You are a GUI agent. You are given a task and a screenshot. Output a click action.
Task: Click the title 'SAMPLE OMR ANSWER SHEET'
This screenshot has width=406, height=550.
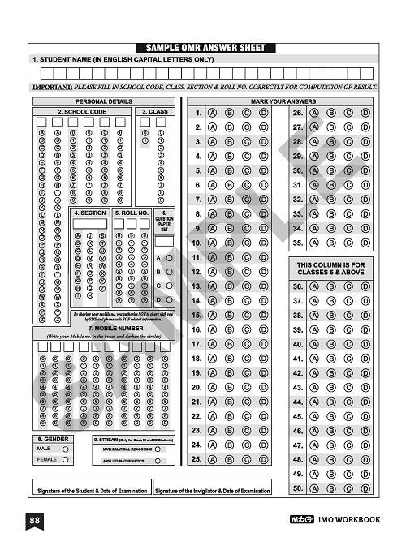click(203, 48)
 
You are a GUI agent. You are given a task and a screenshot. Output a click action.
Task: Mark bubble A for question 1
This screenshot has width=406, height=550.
click(212, 113)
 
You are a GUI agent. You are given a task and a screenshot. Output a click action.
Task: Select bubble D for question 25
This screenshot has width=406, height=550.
click(264, 459)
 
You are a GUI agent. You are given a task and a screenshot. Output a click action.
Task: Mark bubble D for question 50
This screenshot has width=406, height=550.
click(366, 488)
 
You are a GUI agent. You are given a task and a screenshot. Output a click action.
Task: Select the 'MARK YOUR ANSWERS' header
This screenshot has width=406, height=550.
click(283, 101)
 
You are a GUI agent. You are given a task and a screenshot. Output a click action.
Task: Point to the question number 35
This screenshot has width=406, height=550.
click(298, 243)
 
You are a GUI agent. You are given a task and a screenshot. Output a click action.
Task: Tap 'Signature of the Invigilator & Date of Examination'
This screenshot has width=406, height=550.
click(213, 491)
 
